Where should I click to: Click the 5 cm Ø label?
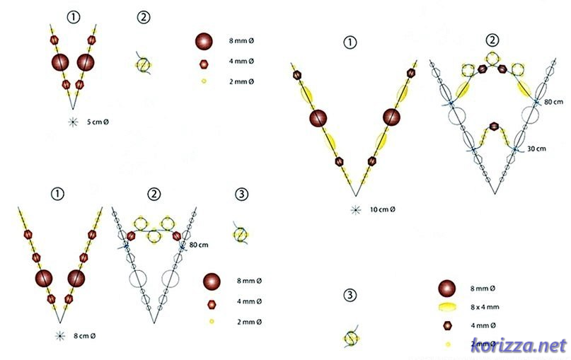tap(98, 122)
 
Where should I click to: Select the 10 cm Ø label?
tap(382, 209)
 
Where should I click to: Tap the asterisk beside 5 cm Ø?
tap(73, 122)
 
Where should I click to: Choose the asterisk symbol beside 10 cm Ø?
tap(355, 209)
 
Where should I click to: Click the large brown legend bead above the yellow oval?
tap(446, 288)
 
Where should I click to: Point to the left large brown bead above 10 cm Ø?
tap(318, 118)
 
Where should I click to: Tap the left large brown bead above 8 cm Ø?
tap(44, 277)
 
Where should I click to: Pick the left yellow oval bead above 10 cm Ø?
tap(309, 94)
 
